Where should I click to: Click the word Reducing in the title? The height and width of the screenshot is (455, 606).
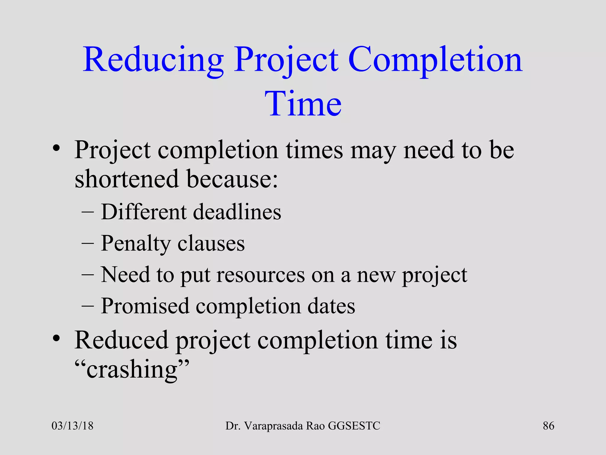[x=153, y=60]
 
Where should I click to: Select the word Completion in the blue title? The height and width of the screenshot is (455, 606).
[x=435, y=60]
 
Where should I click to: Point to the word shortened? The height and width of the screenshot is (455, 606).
[x=127, y=179]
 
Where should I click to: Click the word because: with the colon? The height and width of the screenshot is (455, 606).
[x=232, y=179]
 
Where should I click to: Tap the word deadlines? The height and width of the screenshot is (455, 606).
[x=237, y=212]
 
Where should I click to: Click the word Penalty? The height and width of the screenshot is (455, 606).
[x=136, y=243]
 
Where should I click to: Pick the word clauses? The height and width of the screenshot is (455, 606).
[x=211, y=243]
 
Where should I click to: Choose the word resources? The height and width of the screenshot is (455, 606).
[x=260, y=275]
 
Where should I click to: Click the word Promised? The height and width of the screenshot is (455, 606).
[x=145, y=306]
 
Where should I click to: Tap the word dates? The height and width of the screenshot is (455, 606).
[x=331, y=306]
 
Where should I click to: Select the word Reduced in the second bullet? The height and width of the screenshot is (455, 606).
[x=121, y=340]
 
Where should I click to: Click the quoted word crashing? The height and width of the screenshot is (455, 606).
[x=132, y=370]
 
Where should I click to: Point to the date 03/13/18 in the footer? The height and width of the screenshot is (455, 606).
[x=72, y=426]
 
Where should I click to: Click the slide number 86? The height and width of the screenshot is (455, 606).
[x=548, y=426]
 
